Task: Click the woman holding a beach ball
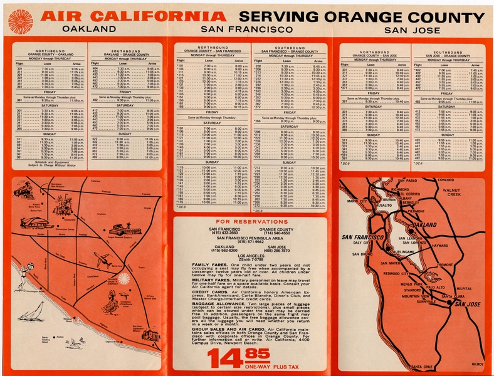pos(23,276)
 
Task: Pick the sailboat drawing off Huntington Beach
pos(34,310)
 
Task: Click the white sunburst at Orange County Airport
pos(124,278)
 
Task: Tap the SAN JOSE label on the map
pos(466,304)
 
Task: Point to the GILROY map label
pos(477,364)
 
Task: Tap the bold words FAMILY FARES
pos(209,266)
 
